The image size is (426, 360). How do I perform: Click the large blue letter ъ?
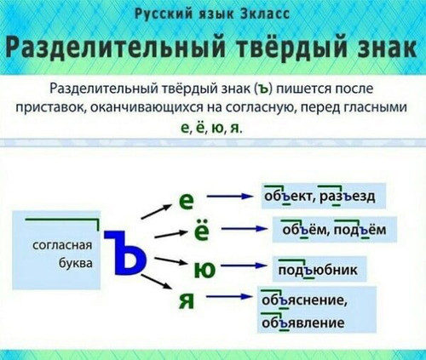point(125,252)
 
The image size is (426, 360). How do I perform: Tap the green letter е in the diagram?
point(187,201)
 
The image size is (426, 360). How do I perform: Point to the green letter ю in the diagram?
point(204,270)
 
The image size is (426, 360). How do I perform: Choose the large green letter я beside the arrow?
point(187,300)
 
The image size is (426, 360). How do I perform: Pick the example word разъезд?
point(347,197)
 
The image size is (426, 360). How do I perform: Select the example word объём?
point(304,230)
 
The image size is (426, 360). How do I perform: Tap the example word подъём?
point(360,230)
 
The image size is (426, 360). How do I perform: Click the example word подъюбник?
point(318,270)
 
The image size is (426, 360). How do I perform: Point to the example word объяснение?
point(304,300)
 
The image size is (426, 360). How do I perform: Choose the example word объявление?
point(303,323)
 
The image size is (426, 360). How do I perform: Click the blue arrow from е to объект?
point(230,197)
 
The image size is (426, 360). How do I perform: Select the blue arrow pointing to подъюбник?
point(244,266)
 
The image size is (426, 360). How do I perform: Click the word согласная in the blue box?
point(62,245)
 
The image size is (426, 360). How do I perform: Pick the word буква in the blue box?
point(76,263)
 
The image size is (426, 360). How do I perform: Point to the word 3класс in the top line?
point(264,14)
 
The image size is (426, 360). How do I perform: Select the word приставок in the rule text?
point(51,108)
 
